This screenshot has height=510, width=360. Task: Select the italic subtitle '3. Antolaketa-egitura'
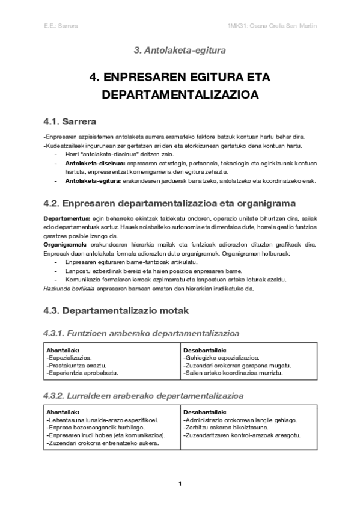pyautogui.click(x=180, y=51)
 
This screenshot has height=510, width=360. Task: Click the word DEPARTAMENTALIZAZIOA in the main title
pyautogui.click(x=180, y=96)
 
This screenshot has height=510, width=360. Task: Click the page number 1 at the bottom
pyautogui.click(x=180, y=483)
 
